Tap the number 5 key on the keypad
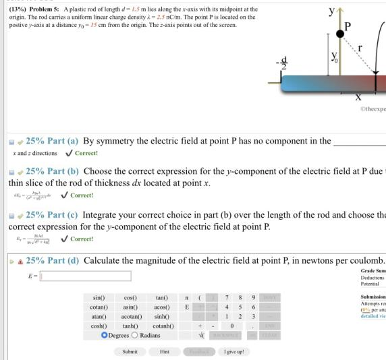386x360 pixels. pyautogui.click(x=231, y=306)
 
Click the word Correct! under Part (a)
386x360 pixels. pyautogui.click(x=86, y=154)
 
